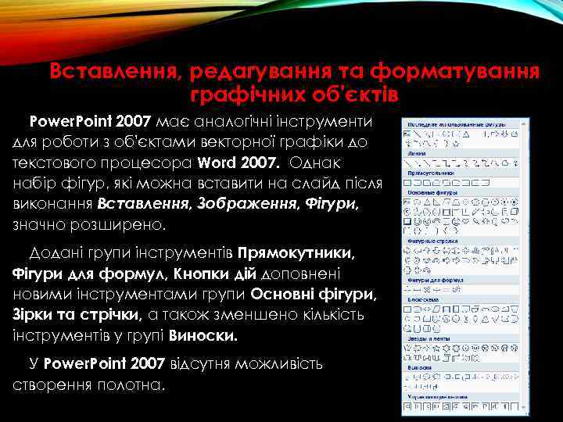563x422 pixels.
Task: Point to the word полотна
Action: [132, 385]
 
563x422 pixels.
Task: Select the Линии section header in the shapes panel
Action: [415, 155]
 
